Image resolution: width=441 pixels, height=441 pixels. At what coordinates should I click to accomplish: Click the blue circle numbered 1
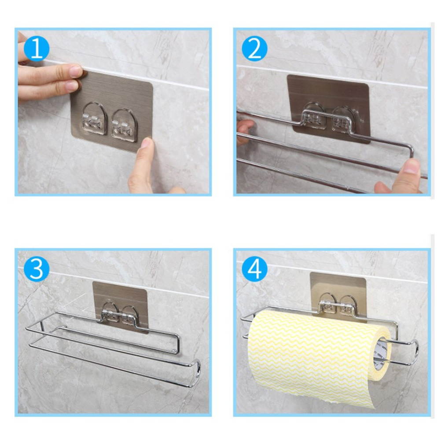37,48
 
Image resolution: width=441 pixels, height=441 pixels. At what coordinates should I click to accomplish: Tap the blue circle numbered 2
254,48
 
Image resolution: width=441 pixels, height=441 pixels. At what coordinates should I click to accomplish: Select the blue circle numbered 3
37,268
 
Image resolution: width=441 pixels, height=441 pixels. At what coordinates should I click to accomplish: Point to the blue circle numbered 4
254,268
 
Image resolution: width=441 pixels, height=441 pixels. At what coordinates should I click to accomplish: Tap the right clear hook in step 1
124,124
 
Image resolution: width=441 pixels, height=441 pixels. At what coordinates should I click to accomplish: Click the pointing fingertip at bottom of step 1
147,143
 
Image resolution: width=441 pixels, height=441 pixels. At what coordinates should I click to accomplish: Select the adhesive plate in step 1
111,111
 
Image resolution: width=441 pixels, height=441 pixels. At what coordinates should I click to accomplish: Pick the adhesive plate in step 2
328,108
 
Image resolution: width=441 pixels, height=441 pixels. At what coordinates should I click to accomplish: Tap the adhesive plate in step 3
121,307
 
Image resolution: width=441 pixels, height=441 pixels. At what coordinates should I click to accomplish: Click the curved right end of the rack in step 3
198,372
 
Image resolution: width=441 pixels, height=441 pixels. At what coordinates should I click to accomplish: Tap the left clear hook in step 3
110,312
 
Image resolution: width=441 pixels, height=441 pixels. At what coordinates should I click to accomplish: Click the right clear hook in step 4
349,305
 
